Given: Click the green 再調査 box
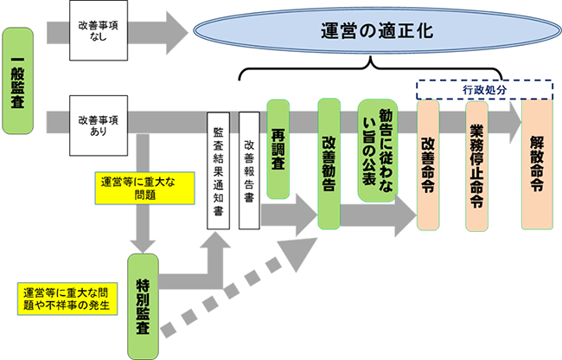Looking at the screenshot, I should (x=278, y=149).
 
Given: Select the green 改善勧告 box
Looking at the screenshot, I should (x=329, y=163).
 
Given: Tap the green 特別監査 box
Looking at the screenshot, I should (x=143, y=306).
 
